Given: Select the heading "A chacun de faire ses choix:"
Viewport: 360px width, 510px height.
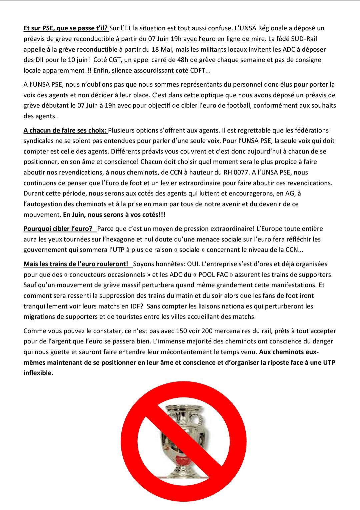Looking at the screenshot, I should [x=65, y=130].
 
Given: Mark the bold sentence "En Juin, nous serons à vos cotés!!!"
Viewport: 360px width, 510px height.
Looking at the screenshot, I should [x=114, y=215].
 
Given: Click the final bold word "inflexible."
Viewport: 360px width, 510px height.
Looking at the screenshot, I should [x=38, y=373].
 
